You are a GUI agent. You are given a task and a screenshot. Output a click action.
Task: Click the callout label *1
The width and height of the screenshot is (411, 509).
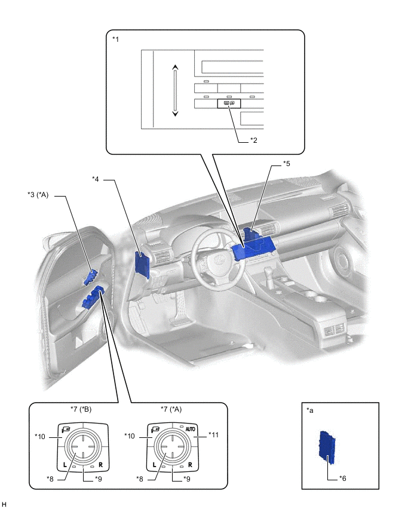pyautogui.click(x=116, y=39)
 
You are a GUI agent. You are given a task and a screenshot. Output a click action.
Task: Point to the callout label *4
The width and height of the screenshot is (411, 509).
pyautogui.click(x=98, y=179)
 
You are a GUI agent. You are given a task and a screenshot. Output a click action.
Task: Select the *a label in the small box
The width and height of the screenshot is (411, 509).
pyautogui.click(x=309, y=410)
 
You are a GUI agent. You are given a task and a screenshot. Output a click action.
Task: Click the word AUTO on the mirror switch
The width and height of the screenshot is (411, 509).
pyautogui.click(x=191, y=429)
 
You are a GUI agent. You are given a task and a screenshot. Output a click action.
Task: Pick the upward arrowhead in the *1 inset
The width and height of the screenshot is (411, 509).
pyautogui.click(x=174, y=68)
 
